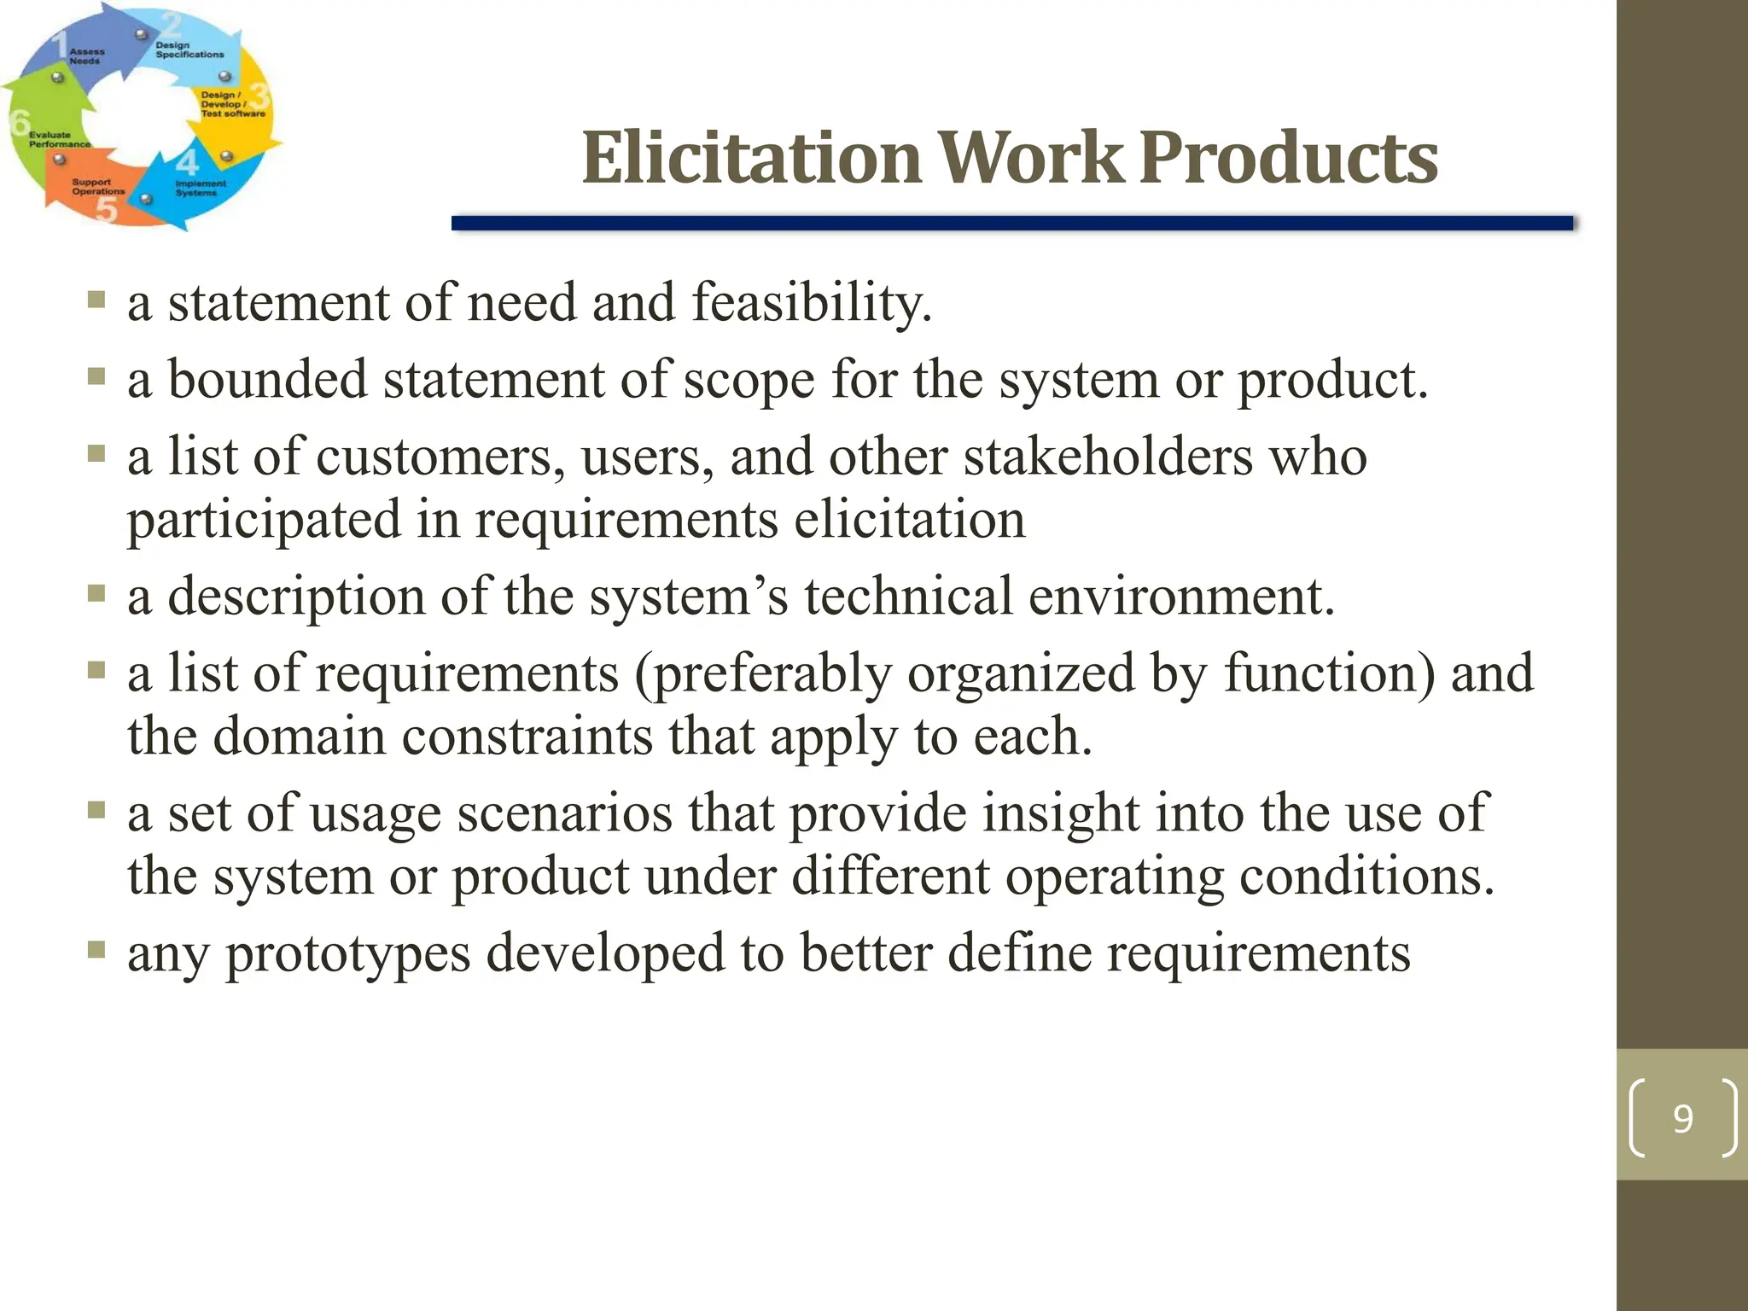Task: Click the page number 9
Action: [1682, 1118]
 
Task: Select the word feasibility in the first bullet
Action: [811, 303]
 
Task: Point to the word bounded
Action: [267, 380]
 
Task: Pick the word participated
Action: [264, 521]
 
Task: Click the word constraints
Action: [527, 737]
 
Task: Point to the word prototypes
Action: [347, 954]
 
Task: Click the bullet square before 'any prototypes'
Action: [96, 950]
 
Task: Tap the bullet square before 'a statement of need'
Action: [96, 300]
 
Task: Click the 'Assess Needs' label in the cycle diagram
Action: [86, 56]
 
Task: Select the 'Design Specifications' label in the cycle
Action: [189, 50]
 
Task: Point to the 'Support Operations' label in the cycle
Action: [97, 187]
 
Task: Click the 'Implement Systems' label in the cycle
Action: [200, 188]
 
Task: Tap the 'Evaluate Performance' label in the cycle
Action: [58, 139]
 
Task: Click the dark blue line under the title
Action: [1011, 224]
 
